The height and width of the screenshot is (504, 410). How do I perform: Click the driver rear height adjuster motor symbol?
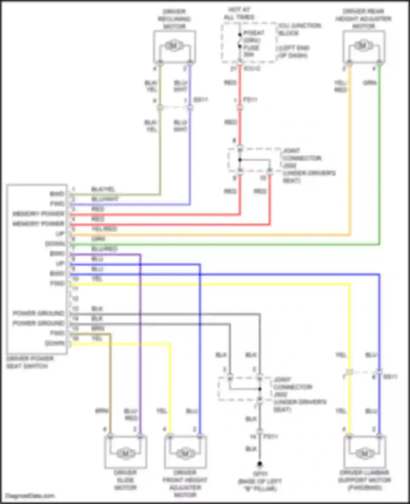[x=363, y=46]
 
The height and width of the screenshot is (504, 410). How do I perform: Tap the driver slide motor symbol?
[x=125, y=453]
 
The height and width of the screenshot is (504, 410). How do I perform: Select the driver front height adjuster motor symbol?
[x=185, y=453]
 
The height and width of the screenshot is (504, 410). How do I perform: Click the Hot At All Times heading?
[x=239, y=13]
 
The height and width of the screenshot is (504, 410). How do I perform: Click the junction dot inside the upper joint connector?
[x=240, y=160]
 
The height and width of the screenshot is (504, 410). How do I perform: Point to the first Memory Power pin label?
[x=38, y=214]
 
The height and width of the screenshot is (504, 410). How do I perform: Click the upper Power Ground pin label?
[x=38, y=313]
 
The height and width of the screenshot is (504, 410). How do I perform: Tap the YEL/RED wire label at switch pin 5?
[x=104, y=229]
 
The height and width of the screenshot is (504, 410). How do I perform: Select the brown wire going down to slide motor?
[x=110, y=382]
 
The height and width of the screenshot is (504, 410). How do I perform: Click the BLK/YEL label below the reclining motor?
[x=151, y=86]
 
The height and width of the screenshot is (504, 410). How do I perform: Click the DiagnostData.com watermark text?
[x=30, y=496]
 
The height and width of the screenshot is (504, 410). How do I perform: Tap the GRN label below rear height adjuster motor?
[x=370, y=83]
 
